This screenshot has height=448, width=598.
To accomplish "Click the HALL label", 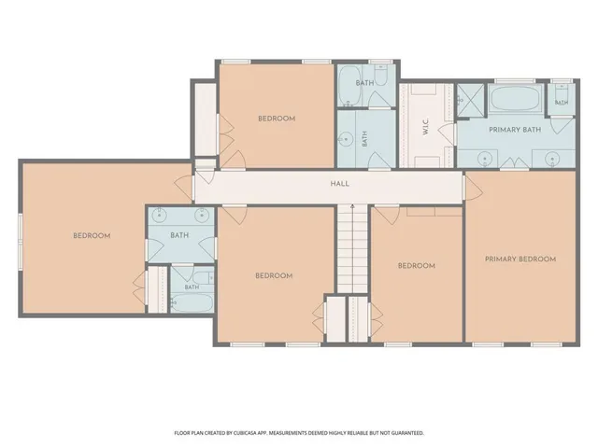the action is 339,184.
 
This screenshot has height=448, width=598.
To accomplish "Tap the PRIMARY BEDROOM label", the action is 520,259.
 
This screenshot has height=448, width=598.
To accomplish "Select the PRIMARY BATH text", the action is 515,130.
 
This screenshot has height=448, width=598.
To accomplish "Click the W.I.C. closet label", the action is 426,127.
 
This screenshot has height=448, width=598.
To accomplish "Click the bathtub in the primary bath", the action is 516,98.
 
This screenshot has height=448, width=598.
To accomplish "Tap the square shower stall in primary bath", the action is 471,100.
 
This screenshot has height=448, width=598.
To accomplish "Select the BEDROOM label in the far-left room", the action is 92,236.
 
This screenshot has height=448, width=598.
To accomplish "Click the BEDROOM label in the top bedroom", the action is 277,119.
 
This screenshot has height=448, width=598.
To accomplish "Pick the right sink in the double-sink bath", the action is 202,216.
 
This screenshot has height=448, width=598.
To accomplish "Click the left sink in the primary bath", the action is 485,158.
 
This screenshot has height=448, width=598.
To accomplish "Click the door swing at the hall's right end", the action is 473,188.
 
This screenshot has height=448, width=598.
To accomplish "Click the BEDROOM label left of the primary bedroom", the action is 417,265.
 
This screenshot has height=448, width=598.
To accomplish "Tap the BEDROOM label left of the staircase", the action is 274,275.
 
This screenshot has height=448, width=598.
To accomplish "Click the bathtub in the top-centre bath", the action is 349,87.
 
